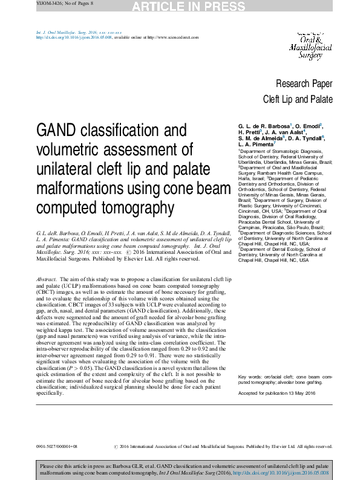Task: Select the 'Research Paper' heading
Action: click(304, 84)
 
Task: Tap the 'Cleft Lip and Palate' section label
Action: click(298, 100)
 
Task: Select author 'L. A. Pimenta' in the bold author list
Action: click(257, 144)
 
